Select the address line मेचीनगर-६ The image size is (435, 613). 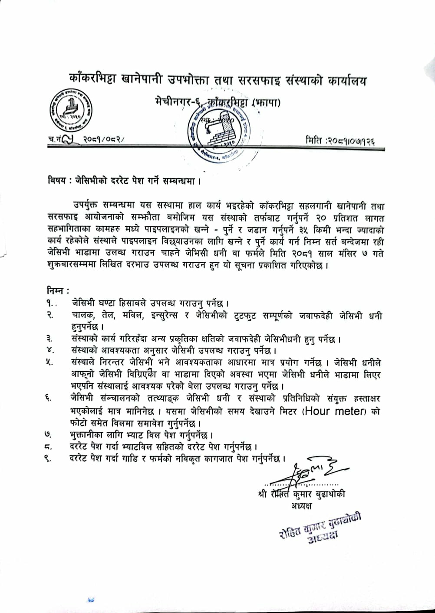tap(168, 103)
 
